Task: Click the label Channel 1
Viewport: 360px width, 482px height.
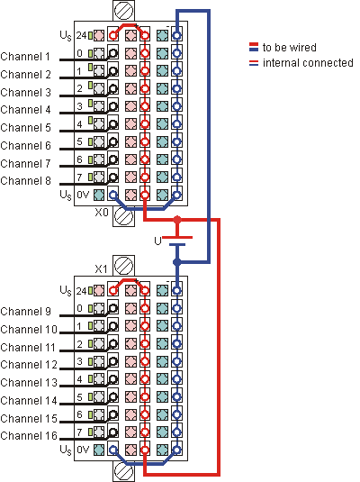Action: coord(25,57)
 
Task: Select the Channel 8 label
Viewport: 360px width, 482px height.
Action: coord(25,181)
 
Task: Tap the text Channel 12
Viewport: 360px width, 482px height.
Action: coord(29,365)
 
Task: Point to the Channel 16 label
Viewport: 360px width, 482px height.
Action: coord(29,435)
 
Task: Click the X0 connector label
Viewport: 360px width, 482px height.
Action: coord(102,212)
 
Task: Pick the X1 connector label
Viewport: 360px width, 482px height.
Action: coord(101,269)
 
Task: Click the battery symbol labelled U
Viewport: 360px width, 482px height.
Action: coord(177,241)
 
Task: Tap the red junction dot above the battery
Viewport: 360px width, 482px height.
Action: coord(177,220)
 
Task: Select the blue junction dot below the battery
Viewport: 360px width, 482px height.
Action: coord(177,262)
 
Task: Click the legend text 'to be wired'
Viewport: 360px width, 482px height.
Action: coord(290,48)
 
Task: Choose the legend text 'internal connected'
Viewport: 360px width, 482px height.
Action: coord(308,63)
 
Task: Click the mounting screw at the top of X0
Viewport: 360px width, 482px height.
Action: coord(124,10)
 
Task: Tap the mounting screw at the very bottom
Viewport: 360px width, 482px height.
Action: coord(123,471)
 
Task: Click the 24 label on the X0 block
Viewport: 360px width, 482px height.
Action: coord(81,36)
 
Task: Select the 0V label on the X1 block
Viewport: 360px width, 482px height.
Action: coord(83,450)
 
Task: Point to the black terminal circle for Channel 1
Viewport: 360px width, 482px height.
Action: coord(113,53)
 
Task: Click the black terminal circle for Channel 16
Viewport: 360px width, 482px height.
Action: coord(113,432)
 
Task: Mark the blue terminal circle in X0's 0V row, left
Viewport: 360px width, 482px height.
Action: coord(113,195)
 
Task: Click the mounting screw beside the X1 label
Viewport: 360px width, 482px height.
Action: coord(123,266)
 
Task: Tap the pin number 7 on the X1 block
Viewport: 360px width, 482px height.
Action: coord(79,432)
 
